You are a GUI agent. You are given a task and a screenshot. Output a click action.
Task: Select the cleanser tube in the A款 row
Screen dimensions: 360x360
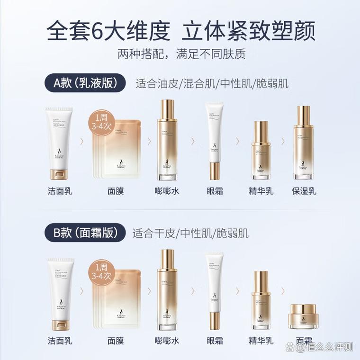[59, 142]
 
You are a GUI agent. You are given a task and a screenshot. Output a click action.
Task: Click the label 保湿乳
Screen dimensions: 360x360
[304, 191]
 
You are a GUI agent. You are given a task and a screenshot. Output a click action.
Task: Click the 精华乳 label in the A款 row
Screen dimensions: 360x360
[261, 191]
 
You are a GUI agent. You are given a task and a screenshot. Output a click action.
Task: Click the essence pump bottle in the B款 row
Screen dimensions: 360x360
[261, 300]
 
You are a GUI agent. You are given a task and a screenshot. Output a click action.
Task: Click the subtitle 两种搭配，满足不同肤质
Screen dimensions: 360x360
[180, 54]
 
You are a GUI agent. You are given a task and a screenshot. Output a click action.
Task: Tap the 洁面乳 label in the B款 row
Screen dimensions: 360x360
[60, 341]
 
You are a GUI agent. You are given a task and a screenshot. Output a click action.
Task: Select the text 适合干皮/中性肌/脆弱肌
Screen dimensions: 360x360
[190, 233]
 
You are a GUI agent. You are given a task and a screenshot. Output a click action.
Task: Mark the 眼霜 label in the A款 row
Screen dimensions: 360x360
[215, 191]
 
